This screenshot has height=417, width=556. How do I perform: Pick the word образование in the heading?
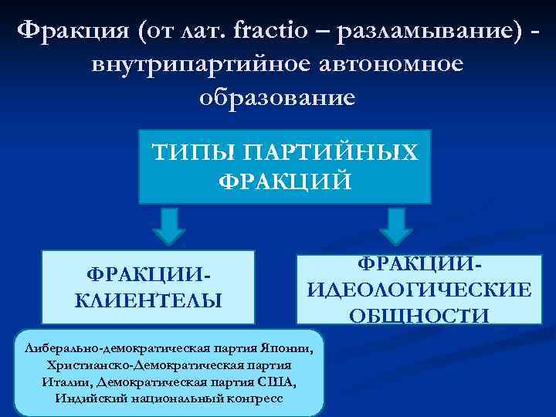tap(278, 98)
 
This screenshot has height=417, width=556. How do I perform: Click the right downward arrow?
tap(395, 226)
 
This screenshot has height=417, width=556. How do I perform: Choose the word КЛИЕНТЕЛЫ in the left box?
tap(147, 299)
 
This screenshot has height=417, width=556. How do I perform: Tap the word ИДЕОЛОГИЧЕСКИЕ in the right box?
tap(419, 290)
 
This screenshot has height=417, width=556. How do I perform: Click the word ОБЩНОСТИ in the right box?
tap(419, 314)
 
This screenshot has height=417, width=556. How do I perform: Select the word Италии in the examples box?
tap(56, 382)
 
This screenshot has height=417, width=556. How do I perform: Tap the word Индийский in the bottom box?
tap(86, 399)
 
